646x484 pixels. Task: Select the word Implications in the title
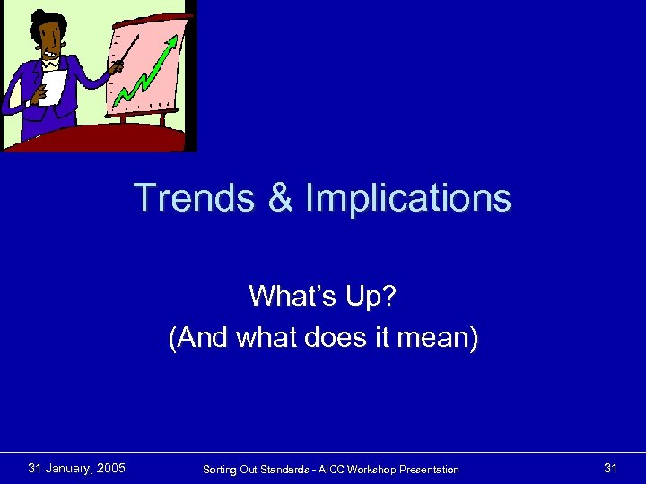point(407,198)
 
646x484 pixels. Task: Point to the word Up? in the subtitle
point(368,295)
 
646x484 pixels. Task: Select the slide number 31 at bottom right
point(611,468)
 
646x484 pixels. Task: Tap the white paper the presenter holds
point(52,89)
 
